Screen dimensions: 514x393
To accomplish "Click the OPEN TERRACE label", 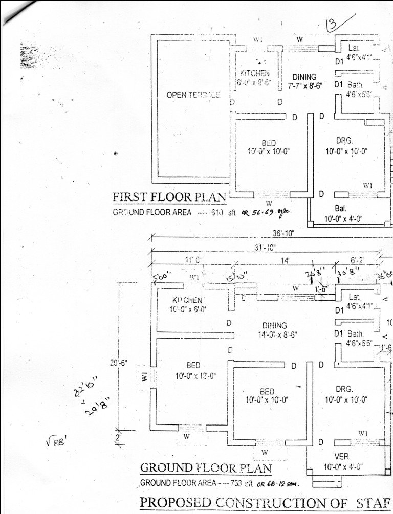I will point(193,96).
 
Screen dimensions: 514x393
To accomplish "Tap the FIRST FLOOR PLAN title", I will point(169,197).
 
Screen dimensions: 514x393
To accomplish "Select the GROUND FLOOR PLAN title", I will point(206,467).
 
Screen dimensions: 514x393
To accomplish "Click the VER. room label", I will point(341,456).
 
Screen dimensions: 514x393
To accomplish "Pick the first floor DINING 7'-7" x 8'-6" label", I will point(305,82).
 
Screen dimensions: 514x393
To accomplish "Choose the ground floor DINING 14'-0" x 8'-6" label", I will point(274,330).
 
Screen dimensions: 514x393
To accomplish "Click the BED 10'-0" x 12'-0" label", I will point(193,370).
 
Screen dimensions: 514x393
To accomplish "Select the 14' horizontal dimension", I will point(285,260).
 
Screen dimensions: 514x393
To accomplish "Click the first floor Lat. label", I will point(354,48).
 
